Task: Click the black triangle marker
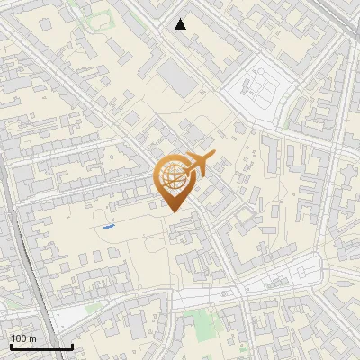coord(181,24)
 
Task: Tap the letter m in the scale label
coord(32,338)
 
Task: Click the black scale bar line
coord(40,346)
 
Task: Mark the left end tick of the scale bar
coord(10,345)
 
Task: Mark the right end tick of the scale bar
coord(72,345)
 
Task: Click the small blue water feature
coord(109,228)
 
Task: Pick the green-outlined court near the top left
coord(98,19)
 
